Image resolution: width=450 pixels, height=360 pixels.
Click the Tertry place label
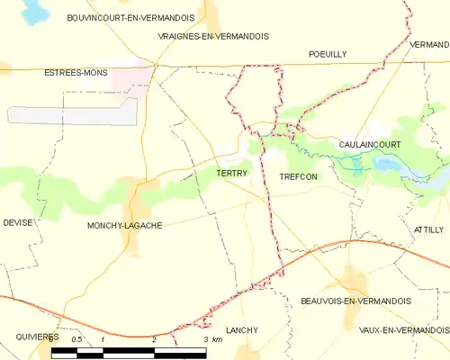pos(231,174)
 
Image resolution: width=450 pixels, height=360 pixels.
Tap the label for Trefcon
pos(298,176)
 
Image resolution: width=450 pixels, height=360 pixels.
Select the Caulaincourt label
pos(370,144)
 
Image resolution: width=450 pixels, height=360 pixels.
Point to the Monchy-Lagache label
pos(125,225)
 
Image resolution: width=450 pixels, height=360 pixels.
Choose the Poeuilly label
pos(327,54)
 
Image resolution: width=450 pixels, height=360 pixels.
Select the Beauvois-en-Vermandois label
pos(355,301)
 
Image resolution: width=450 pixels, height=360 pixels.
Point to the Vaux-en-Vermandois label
pos(403,330)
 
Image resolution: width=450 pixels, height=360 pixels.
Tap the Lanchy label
pos(242,330)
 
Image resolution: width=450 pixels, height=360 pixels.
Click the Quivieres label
pos(37,336)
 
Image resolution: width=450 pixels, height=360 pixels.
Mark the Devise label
pos(17,221)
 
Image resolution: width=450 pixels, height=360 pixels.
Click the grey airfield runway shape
pos(72,113)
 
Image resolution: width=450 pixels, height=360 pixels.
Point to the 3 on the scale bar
pos(206,339)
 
